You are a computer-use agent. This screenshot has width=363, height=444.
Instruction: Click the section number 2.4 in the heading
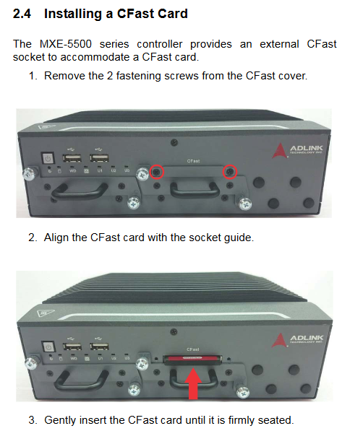22,14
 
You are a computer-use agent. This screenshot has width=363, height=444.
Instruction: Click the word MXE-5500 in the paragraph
66,44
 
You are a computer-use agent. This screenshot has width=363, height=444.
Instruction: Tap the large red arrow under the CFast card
193,383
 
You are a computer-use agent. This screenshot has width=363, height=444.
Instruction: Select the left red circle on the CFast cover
156,172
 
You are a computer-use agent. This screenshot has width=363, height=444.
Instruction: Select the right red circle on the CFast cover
230,172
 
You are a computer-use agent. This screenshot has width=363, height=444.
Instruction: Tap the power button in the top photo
48,158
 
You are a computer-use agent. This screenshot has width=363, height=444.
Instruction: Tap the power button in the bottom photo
48,347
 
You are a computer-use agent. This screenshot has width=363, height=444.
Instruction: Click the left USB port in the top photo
72,157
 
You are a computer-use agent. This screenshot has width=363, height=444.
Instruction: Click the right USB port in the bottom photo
99,347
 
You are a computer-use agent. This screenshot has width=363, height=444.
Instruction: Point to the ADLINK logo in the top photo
297,150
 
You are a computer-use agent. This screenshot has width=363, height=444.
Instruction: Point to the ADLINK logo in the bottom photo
297,339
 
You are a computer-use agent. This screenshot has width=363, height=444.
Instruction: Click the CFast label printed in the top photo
193,161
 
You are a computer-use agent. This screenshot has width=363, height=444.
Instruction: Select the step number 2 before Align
33,238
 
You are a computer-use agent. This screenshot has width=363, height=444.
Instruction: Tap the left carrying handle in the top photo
79,191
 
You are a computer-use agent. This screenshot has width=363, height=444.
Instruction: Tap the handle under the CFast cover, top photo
195,189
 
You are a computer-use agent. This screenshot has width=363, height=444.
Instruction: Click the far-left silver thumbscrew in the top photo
29,173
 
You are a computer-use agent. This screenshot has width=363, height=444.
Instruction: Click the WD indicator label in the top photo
73,171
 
